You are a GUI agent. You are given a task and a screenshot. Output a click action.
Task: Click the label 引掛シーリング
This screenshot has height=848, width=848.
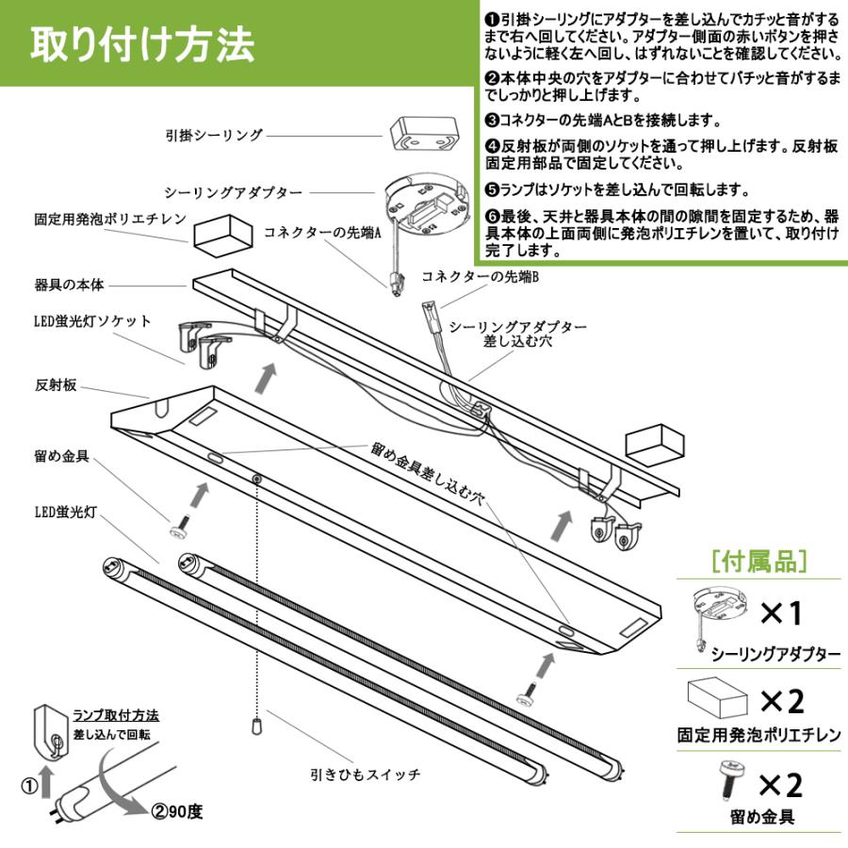[214, 136]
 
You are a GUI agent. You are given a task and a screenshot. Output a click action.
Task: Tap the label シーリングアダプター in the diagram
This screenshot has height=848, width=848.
[233, 192]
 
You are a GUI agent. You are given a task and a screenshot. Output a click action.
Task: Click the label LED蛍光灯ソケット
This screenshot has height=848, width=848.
[92, 321]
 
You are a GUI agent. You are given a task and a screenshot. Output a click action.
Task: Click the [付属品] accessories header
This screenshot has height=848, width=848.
[759, 563]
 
